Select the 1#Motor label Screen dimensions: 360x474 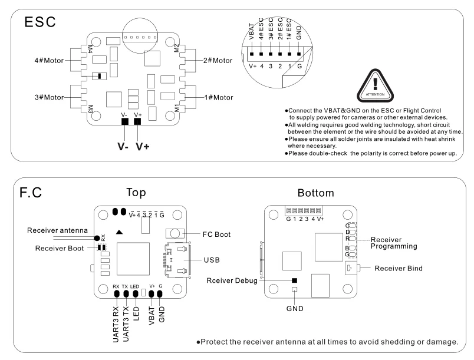coord(219,97)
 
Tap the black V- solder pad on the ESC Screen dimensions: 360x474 coord(124,122)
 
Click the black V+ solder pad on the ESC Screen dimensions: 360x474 coord(138,122)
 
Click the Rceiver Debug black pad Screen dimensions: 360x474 coord(294,282)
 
